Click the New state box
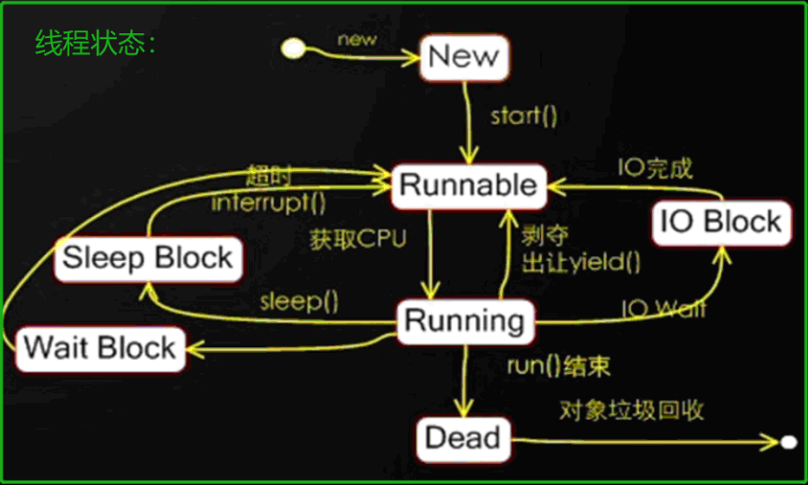(464, 57)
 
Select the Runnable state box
(468, 186)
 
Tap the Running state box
(465, 321)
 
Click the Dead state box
(464, 438)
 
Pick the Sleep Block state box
(148, 258)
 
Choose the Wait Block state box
(101, 348)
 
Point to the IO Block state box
(721, 221)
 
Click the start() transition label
(525, 116)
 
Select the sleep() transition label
(299, 301)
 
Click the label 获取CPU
(357, 240)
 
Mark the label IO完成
(655, 168)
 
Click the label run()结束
(558, 365)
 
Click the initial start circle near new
(294, 48)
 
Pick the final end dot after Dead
(787, 442)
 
